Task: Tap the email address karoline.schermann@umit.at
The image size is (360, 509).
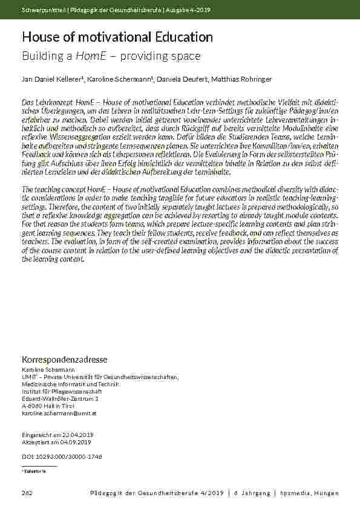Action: click(x=59, y=413)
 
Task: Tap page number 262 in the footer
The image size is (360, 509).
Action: click(x=27, y=493)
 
